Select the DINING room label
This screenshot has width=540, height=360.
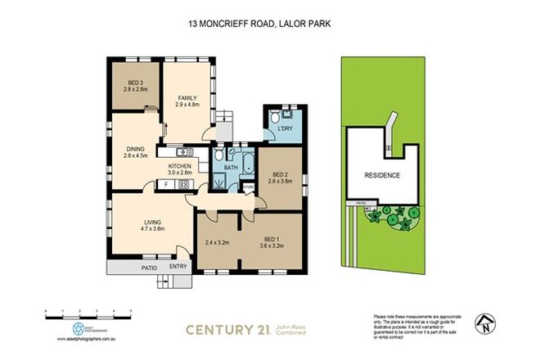pos(133,148)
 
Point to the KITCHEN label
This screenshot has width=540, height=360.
pos(179,166)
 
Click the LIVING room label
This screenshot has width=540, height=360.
pos(151,222)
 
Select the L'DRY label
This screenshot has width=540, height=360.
pos(285,130)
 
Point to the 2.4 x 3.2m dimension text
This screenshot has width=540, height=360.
pos(216,243)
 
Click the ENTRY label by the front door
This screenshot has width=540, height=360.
pos(178,267)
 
